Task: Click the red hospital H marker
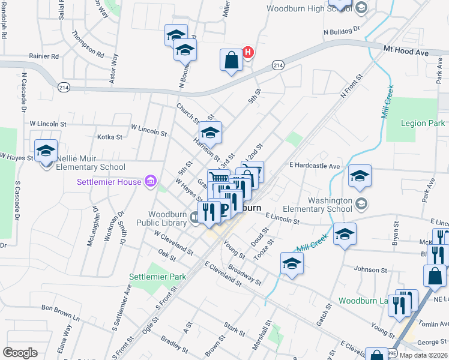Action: pyautogui.click(x=246, y=53)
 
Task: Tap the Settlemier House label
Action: pyautogui.click(x=109, y=182)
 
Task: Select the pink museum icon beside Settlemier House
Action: pyautogui.click(x=150, y=181)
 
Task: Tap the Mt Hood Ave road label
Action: pyautogui.click(x=406, y=53)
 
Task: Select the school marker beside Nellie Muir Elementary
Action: pyautogui.click(x=46, y=152)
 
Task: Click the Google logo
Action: pyautogui.click(x=20, y=353)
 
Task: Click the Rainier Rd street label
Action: pyautogui.click(x=44, y=56)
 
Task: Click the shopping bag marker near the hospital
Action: pyautogui.click(x=231, y=61)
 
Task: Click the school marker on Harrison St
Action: pyautogui.click(x=210, y=133)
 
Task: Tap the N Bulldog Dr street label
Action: pyautogui.click(x=340, y=29)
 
